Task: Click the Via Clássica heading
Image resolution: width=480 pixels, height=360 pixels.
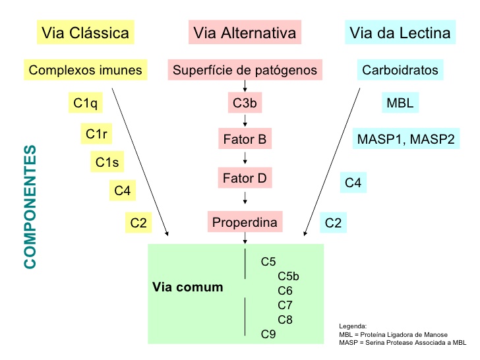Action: (x=85, y=33)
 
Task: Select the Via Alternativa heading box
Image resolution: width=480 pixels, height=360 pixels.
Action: (x=245, y=33)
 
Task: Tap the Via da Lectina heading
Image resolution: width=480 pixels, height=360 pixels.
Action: (x=400, y=33)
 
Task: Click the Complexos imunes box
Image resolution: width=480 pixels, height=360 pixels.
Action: (x=85, y=69)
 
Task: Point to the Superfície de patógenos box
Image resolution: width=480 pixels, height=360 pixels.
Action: (x=245, y=69)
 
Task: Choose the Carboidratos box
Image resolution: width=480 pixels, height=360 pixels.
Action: (x=400, y=69)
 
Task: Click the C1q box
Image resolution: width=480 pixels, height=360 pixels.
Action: (x=85, y=103)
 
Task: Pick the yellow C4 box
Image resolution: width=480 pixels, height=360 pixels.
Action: (x=123, y=191)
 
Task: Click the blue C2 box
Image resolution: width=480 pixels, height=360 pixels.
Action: (x=334, y=223)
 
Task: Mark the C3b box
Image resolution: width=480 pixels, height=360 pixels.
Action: (x=245, y=103)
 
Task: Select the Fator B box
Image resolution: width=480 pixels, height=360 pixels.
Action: (x=245, y=140)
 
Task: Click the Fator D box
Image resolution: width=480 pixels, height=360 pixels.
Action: (x=245, y=177)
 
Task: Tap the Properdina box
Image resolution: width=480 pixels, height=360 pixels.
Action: (x=245, y=222)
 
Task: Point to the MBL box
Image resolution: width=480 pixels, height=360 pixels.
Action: (x=400, y=103)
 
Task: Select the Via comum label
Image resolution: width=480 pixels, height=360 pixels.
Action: (x=187, y=287)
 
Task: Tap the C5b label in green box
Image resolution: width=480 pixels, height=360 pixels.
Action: (x=289, y=276)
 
